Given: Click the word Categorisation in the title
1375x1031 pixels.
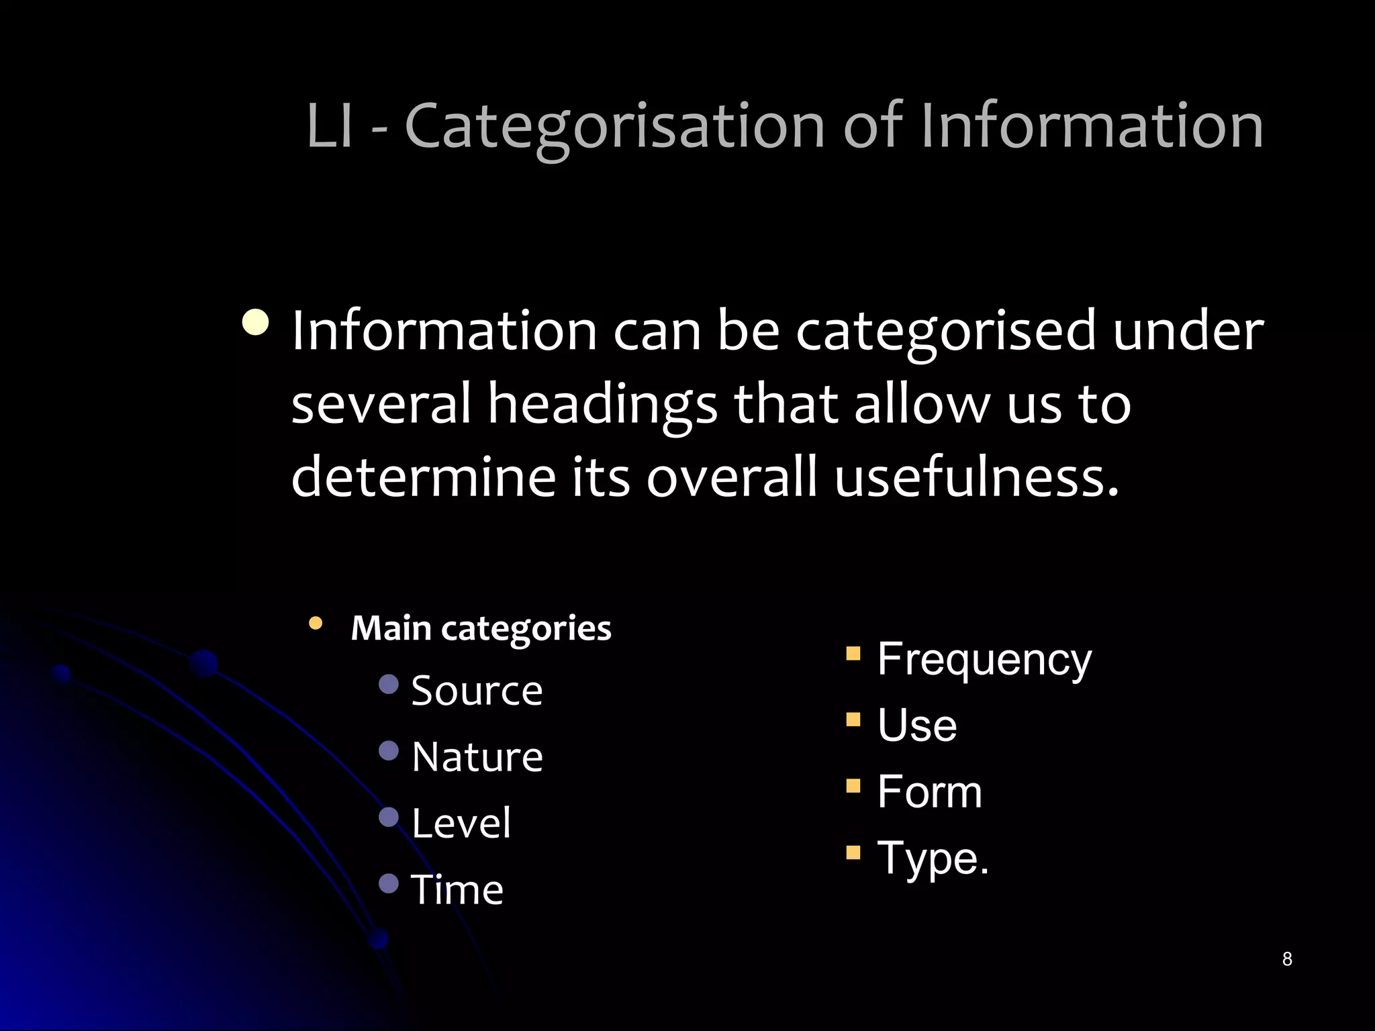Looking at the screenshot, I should tap(614, 126).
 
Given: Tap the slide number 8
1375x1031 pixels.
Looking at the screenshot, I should tap(1286, 959).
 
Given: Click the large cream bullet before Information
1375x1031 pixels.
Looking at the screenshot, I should tap(256, 323).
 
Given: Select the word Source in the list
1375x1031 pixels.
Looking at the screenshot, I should tap(477, 691).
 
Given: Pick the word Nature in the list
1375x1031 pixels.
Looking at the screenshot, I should tap(477, 757).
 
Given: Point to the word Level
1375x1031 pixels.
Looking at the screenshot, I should tap(461, 823).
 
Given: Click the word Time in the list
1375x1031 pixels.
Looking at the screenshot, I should tap(457, 889).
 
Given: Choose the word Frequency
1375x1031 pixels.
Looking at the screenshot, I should tap(984, 660).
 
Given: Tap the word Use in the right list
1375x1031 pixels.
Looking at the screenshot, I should tap(917, 726).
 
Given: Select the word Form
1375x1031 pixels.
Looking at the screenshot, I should tap(929, 792).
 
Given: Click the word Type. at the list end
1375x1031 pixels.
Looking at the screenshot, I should tap(933, 858).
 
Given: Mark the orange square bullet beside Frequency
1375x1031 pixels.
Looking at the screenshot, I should tap(853, 654).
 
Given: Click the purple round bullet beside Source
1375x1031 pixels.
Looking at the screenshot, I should tap(389, 684).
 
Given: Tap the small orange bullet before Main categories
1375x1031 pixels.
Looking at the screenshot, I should tap(316, 624).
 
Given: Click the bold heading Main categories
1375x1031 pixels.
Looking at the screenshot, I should tap(481, 628).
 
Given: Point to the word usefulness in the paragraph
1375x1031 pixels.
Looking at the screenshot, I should tap(977, 477).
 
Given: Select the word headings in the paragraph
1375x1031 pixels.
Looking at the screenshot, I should tap(602, 404).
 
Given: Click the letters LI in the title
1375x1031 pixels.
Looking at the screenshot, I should tap(330, 126).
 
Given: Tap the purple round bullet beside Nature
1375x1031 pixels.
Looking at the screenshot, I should tap(389, 750).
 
